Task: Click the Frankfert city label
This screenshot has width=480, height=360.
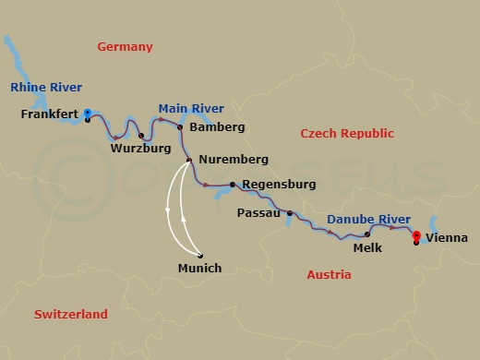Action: [x=48, y=115]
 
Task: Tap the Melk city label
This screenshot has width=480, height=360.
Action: [x=367, y=247]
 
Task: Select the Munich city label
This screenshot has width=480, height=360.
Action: [x=199, y=269]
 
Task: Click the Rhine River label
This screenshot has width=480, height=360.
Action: [x=46, y=88]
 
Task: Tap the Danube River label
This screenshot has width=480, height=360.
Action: [x=368, y=219]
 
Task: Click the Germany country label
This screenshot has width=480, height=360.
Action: [x=126, y=47]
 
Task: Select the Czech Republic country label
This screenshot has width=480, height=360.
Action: [x=347, y=134]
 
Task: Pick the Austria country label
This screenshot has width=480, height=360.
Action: [x=329, y=274]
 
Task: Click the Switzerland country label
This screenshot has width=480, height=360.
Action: [x=71, y=314]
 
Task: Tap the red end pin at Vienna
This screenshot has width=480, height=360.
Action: [x=416, y=235]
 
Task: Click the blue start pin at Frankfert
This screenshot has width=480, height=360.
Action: [x=87, y=114]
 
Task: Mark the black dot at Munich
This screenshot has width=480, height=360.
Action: [x=199, y=256]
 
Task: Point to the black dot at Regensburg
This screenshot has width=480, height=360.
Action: [x=232, y=184]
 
